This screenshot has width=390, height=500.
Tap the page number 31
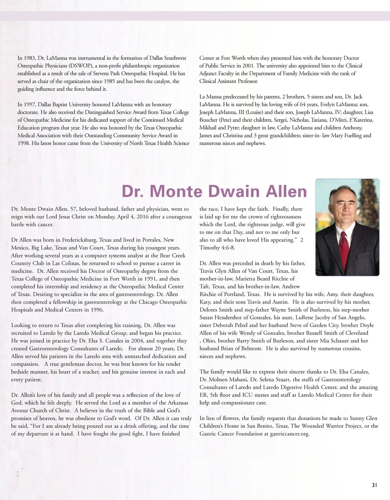374,485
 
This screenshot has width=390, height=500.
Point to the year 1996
97,310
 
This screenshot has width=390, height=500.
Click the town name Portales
152,240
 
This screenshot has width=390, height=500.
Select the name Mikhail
208,128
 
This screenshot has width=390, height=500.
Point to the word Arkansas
175,403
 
